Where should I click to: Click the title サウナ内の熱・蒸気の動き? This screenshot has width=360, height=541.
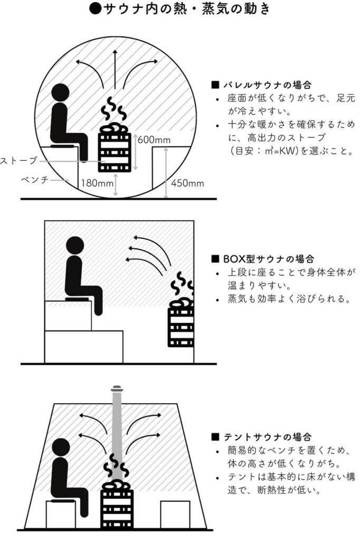tap(179, 10)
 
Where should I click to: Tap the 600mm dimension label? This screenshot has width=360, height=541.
tap(154, 140)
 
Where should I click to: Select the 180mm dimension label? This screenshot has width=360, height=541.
tap(97, 183)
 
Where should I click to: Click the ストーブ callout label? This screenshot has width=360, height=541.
tap(19, 160)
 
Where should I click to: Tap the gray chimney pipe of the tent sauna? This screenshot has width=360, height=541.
tap(116, 423)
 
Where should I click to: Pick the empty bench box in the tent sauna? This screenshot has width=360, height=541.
tap(175, 514)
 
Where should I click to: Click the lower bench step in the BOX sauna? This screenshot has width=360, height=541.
tap(84, 347)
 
